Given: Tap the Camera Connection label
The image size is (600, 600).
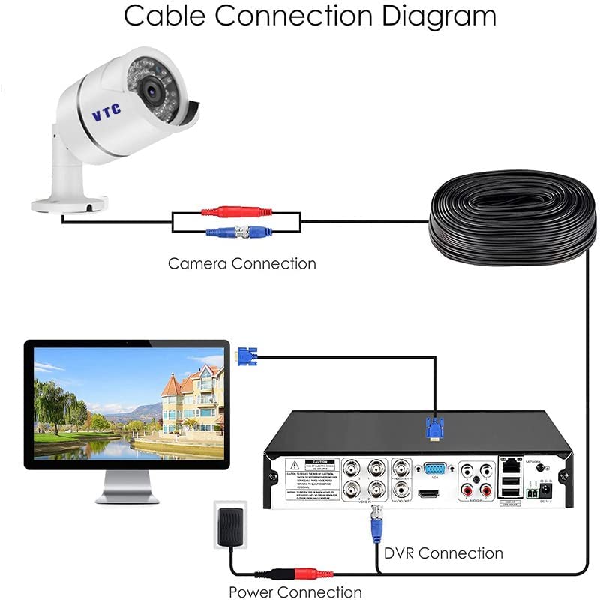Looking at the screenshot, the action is point(241,263).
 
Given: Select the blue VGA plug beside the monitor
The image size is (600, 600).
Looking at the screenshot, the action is point(247,355).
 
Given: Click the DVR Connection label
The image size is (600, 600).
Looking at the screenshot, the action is point(442,553).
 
